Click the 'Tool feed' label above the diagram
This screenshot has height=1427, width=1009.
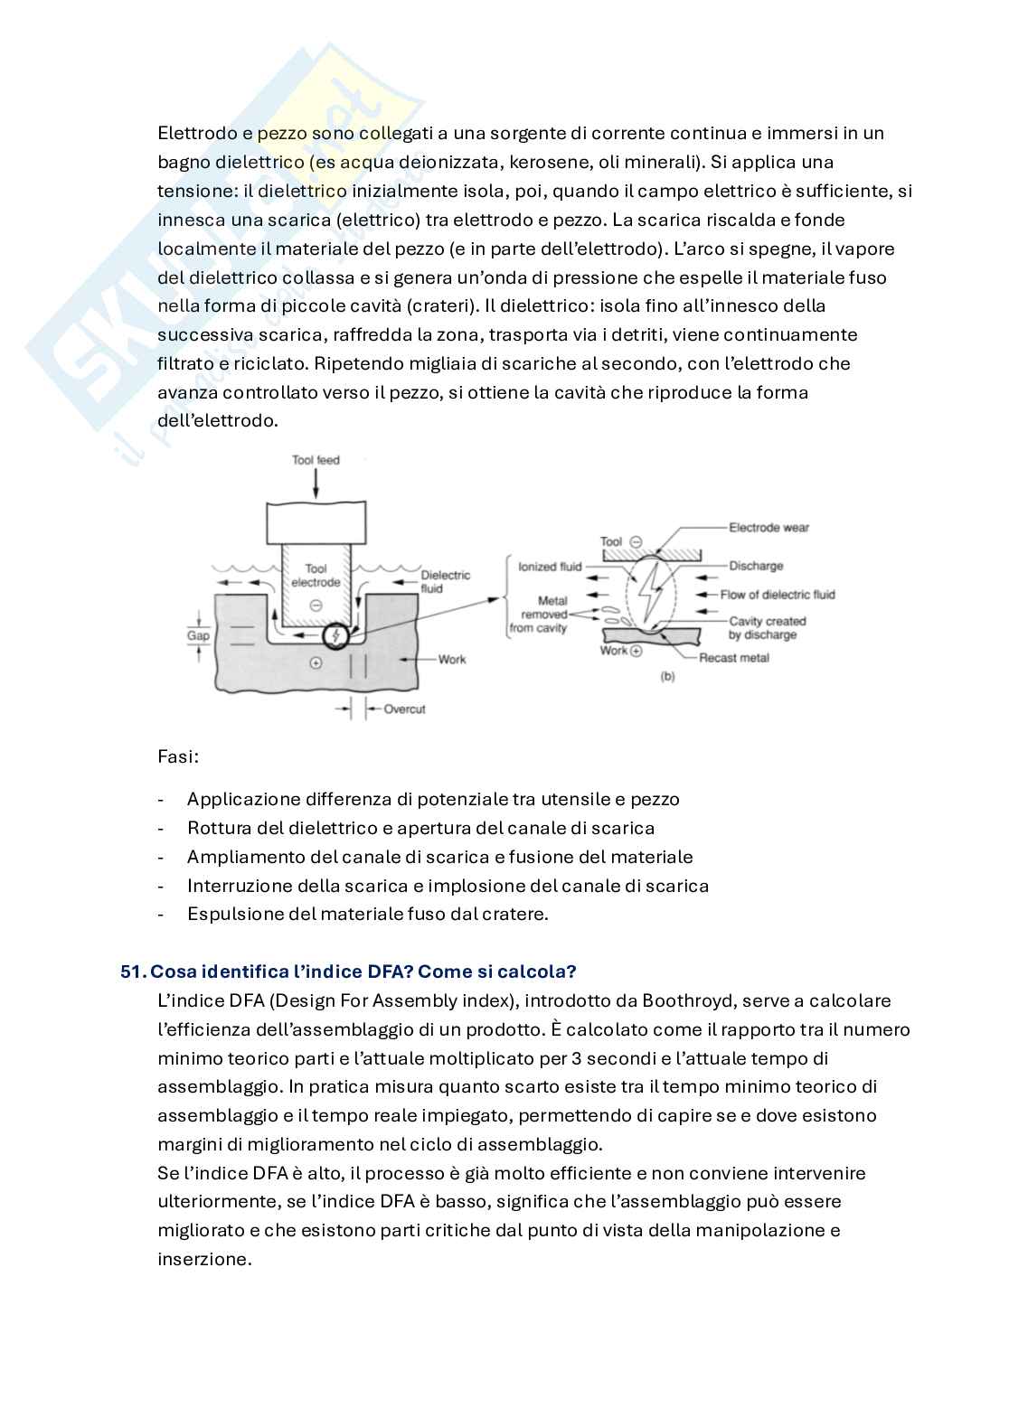(x=316, y=460)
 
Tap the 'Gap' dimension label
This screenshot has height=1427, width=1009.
(x=198, y=635)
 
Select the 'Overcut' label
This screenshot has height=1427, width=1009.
(x=404, y=709)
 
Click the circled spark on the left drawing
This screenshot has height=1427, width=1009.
(x=336, y=635)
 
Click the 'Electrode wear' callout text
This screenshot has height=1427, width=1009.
(x=769, y=527)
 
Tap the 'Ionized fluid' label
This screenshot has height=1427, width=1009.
(x=550, y=567)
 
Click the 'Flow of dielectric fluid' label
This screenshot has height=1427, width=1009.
(x=778, y=595)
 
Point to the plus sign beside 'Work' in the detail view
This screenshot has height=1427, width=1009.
(x=636, y=652)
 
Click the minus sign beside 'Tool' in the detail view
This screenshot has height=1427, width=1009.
(x=635, y=541)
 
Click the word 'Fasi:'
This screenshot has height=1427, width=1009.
(x=178, y=756)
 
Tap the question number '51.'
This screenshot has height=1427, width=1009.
(x=133, y=972)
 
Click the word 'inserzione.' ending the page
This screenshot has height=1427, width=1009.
(x=203, y=1259)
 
